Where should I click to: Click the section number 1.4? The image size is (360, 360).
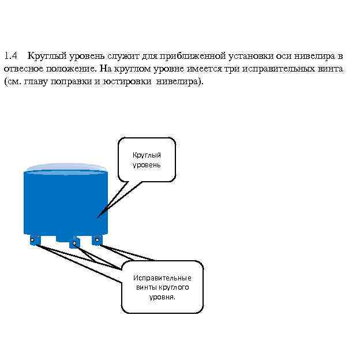11,56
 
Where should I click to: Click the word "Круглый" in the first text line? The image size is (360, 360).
47,56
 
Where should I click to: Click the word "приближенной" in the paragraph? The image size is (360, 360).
193,56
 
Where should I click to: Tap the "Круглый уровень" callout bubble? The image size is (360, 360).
147,160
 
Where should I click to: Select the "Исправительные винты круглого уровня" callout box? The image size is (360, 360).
162,287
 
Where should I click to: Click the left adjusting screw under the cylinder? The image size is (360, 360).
33,239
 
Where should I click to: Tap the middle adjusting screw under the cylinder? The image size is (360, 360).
74,243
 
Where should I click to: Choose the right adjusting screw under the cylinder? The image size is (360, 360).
97,239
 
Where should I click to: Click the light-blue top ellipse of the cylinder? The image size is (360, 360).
66,168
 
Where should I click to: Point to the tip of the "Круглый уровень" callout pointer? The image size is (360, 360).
99,217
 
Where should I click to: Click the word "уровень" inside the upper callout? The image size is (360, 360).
147,165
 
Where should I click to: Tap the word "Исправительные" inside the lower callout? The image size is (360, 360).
162,277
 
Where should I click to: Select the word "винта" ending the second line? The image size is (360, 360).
331,69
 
